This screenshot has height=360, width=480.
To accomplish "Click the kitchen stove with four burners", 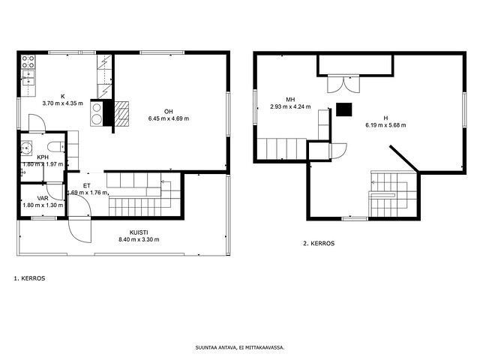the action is [28, 61].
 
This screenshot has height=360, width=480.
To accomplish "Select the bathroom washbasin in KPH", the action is [26, 148].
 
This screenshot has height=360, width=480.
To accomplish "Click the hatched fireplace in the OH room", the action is [121, 113].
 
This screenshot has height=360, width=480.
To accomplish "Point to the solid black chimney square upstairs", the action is [343, 109].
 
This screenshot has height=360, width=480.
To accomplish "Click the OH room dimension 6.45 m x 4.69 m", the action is [169, 118].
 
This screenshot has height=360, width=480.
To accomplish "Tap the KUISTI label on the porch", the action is [139, 232].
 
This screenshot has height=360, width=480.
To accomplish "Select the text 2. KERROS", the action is [319, 244].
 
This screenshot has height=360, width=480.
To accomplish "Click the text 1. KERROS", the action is [29, 278].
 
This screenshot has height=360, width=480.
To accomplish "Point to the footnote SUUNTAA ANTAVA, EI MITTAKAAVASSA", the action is [240, 348].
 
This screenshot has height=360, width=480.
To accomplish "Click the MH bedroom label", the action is [290, 100].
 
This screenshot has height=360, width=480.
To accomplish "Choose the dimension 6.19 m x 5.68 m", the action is [385, 125].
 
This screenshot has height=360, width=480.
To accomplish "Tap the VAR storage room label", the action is [43, 198].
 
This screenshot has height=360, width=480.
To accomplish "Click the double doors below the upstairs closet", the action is [343, 84].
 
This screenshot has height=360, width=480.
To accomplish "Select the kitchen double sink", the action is [28, 77].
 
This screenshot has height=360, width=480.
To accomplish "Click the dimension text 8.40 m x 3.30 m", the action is [139, 240].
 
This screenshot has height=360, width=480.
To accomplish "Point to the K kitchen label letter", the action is [63, 97].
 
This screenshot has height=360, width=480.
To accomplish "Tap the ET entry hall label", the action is [87, 186].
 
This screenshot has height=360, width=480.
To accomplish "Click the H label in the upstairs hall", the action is [385, 118].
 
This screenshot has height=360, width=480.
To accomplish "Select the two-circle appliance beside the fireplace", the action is [97, 113].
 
